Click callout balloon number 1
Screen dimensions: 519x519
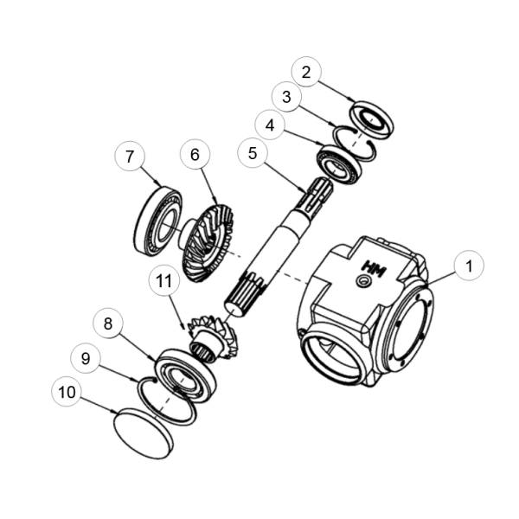point(469,266)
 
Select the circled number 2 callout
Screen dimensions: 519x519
point(306,72)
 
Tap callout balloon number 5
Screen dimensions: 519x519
point(253,153)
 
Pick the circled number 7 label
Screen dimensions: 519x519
point(130,156)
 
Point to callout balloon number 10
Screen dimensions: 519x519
point(67,392)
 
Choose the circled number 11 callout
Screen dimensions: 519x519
point(164,280)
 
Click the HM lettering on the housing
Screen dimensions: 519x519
point(375,269)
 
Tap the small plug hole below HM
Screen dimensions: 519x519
point(362,282)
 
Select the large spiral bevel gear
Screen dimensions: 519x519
point(207,244)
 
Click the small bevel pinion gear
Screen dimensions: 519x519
point(214,336)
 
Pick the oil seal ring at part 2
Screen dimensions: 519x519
point(371,120)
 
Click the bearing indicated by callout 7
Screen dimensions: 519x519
point(158,221)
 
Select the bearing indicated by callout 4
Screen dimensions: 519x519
point(340,165)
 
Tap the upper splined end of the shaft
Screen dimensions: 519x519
point(315,196)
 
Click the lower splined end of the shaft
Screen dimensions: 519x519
point(245,294)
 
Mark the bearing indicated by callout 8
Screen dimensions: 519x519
point(185,375)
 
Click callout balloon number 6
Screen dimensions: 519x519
point(195,154)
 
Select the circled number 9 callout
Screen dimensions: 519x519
point(86,358)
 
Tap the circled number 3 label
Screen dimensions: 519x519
point(286,96)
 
